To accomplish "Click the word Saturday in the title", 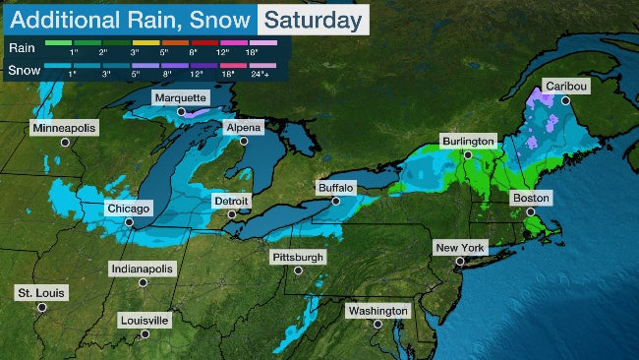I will [314, 19].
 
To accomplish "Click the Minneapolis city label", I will [66, 129].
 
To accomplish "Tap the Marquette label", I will [180, 98].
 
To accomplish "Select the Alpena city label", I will [243, 128].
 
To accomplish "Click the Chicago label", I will [129, 209].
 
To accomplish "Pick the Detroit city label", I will [232, 201].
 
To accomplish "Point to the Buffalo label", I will [335, 187].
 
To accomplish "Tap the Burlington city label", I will [468, 141].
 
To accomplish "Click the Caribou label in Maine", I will [566, 87].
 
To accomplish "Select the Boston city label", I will [532, 198].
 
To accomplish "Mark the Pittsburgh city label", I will [297, 257].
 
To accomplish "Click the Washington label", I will [378, 311].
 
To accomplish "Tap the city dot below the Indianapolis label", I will [143, 282].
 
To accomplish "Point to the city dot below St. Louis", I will [41, 306].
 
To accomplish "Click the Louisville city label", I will [144, 320].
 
